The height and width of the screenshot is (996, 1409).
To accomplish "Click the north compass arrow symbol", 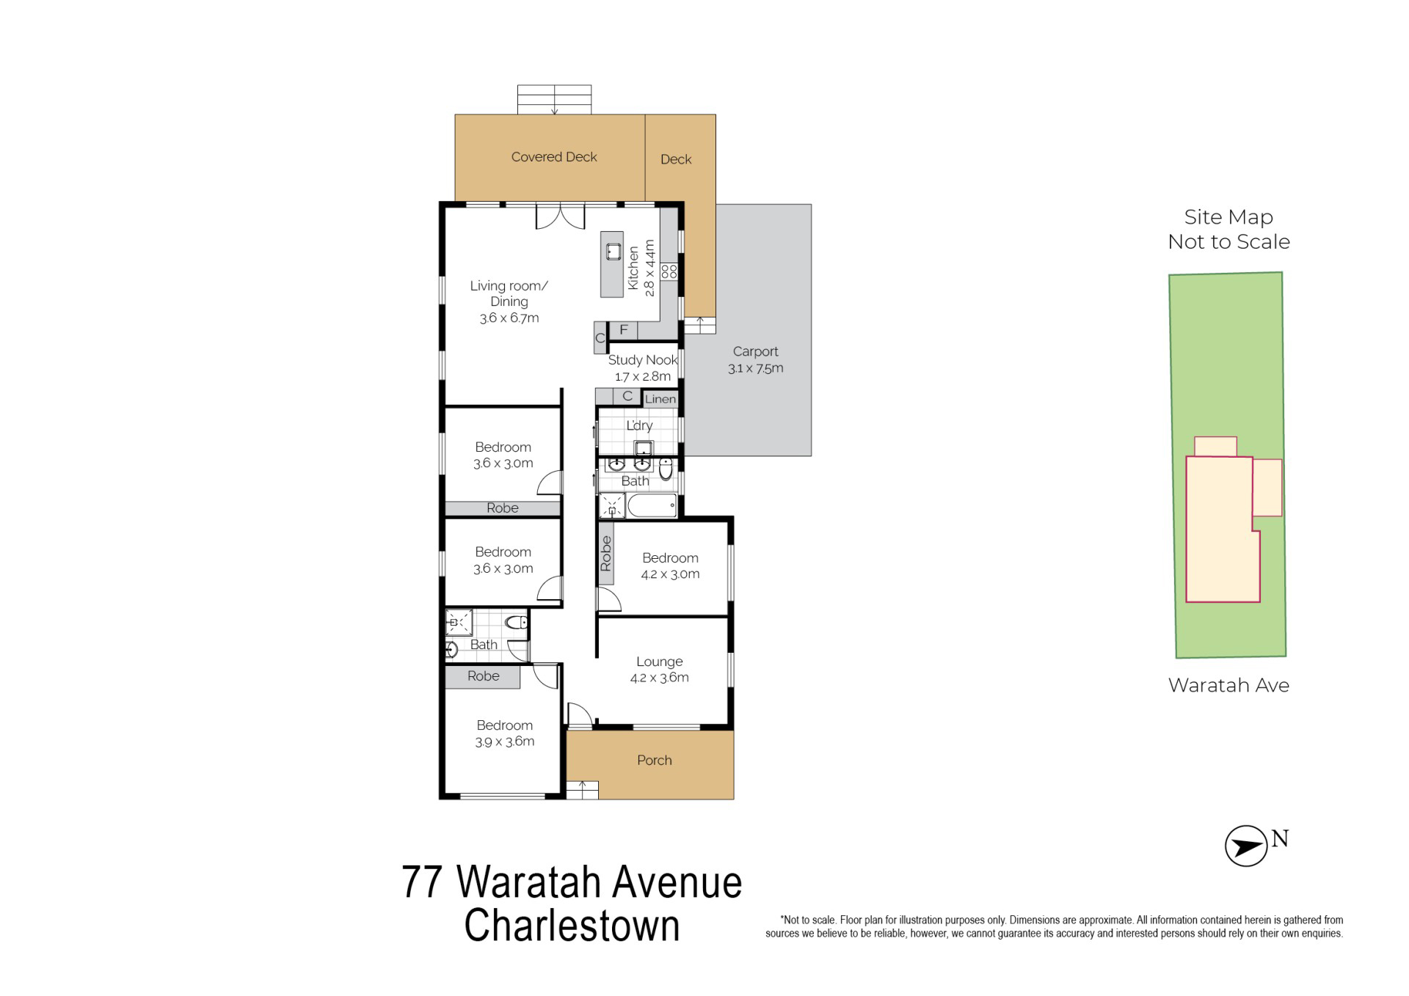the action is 1246,846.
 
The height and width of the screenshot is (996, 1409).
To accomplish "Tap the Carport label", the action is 755,351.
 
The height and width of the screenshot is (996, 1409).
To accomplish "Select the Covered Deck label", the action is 554,157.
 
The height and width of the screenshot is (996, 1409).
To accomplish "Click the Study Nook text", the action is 643,360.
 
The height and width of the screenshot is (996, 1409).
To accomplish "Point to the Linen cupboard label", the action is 660,399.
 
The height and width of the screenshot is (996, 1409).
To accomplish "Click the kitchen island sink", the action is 614,252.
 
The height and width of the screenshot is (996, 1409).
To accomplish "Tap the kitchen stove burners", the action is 669,271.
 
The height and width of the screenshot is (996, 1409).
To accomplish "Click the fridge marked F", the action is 624,331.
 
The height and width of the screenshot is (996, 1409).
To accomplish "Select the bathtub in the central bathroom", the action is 652,505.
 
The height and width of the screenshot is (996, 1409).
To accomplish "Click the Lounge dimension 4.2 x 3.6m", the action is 659,678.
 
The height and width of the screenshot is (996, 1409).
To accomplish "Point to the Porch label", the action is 655,761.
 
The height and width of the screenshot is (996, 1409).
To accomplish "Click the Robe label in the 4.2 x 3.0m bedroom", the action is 605,554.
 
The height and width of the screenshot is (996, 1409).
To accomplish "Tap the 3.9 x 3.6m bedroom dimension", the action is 504,741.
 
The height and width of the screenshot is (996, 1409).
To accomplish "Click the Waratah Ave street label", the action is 1228,685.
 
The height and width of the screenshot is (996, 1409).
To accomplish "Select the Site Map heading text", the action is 1228,217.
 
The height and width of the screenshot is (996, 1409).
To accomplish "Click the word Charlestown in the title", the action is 572,926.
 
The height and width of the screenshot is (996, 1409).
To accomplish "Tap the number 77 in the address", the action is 422,882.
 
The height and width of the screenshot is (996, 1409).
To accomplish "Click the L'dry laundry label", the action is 639,425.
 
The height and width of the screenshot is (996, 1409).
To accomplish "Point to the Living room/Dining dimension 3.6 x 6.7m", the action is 509,318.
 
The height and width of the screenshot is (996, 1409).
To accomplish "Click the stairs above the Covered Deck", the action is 554,100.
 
